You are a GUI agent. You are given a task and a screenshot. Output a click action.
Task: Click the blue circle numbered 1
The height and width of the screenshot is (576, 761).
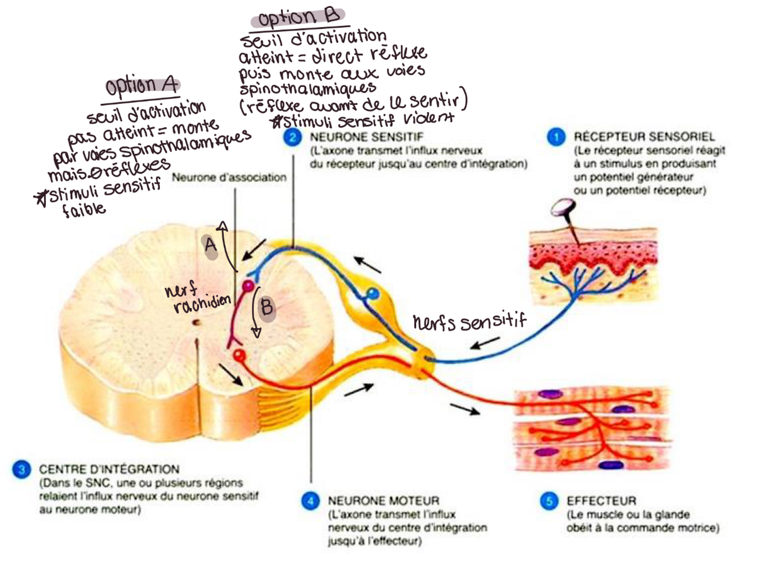click(x=556, y=137)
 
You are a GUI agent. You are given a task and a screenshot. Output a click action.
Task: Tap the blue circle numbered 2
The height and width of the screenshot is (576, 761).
click(x=292, y=137)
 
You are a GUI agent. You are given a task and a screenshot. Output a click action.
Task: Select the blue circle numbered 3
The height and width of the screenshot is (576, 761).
click(x=22, y=469)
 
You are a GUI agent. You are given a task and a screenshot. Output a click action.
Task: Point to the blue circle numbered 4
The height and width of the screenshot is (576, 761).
click(x=310, y=501)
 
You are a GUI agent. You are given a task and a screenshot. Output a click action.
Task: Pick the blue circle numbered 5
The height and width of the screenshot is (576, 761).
click(x=549, y=501)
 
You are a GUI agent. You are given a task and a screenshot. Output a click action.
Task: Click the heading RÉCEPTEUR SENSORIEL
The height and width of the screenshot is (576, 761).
click(x=644, y=137)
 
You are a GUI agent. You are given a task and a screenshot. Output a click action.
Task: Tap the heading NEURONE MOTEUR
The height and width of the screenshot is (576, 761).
click(x=383, y=501)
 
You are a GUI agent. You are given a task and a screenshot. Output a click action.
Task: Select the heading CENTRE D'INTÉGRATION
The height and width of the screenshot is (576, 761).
click(x=109, y=469)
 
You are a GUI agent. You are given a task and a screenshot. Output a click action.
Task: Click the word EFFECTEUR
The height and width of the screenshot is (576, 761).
click(x=601, y=501)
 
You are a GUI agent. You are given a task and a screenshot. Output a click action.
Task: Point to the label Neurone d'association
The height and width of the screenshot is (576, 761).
click(x=229, y=178)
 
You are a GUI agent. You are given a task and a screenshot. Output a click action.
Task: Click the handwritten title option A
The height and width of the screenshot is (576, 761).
click(x=142, y=85)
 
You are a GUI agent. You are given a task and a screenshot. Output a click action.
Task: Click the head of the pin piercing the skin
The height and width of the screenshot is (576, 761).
click(x=563, y=208)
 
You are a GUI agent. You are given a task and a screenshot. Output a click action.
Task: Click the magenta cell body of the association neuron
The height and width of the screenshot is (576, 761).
click(x=247, y=287)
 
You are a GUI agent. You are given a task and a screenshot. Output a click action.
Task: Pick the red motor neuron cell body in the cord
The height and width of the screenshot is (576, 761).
click(x=239, y=356)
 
